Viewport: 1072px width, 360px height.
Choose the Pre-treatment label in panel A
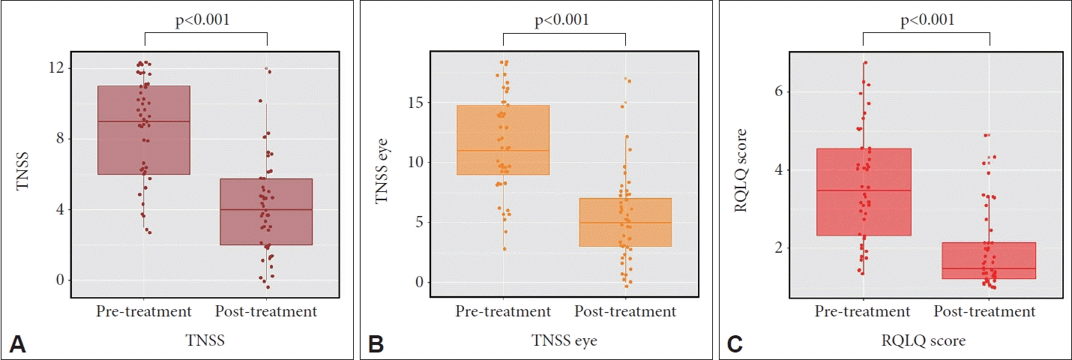144,310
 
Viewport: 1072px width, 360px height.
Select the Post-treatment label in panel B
625,310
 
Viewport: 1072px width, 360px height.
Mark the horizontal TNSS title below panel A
206,341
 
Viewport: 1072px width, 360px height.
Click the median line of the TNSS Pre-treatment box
144,121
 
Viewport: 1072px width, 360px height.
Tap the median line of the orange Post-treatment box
625,223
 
